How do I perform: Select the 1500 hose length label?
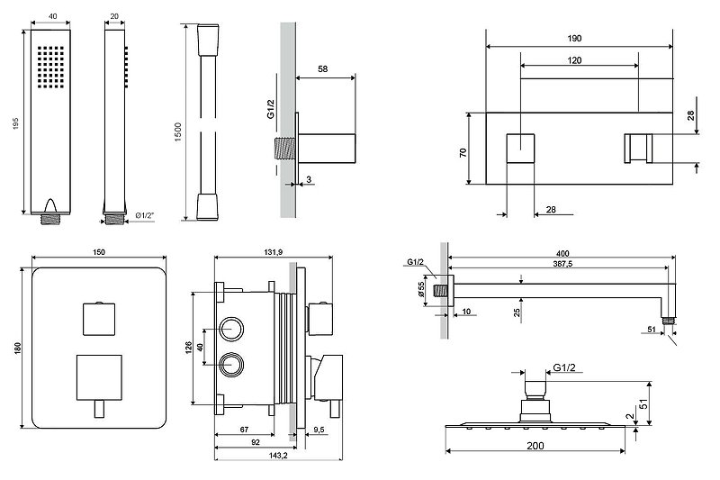180,122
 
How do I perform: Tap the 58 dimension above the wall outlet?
324,68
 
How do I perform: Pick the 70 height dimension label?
463,153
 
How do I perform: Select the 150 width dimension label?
98,252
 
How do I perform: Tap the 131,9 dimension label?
275,252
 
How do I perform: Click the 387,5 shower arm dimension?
565,263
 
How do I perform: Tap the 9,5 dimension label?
319,430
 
